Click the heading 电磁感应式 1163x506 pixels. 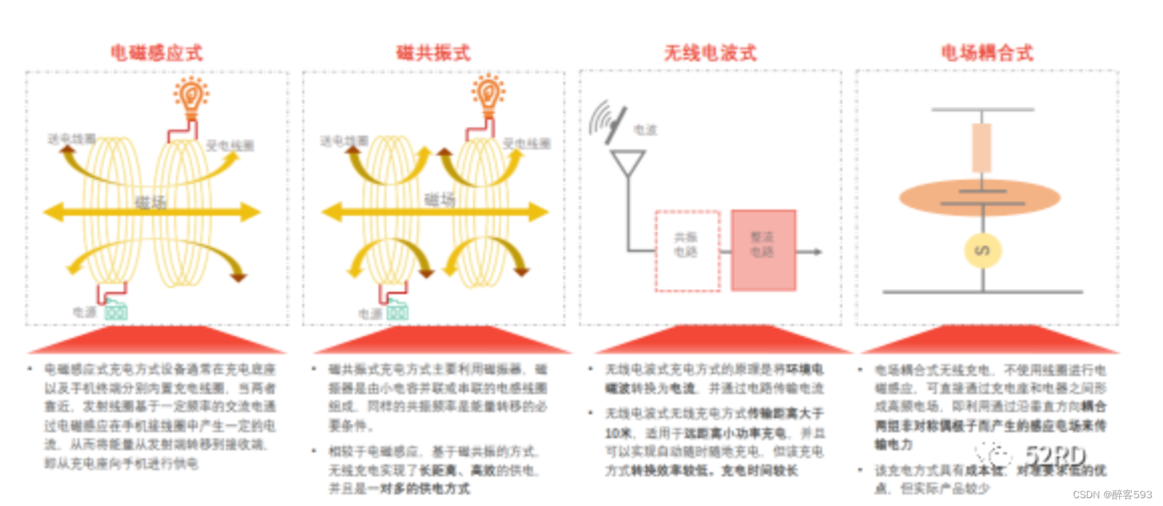(157, 52)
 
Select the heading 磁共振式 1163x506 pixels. (433, 52)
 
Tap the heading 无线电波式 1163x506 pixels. (710, 52)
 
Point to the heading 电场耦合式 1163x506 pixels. (987, 52)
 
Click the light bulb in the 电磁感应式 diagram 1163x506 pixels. (191, 96)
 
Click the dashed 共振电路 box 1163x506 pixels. (687, 251)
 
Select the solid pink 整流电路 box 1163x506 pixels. (763, 250)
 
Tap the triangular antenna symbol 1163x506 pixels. (628, 164)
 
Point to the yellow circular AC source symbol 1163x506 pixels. (982, 251)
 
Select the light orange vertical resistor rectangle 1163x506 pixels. (982, 147)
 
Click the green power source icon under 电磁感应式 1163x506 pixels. (115, 310)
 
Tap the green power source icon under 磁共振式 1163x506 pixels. (397, 310)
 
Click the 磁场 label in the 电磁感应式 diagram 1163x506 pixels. (150, 203)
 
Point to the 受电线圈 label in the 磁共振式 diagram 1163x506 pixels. (526, 144)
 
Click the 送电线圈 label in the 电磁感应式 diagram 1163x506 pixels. (72, 139)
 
